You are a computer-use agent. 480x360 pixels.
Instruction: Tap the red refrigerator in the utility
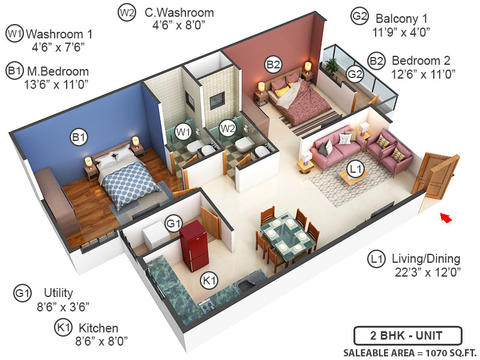coord(193,246)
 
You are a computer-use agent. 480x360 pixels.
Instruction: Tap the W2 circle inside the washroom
coord(227,128)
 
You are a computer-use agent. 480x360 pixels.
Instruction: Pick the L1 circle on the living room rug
coord(356,169)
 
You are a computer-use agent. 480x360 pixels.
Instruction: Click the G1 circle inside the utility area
coord(173,224)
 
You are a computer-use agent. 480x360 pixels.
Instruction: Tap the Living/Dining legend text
coord(425,259)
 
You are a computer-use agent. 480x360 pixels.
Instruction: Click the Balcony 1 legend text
coord(403,17)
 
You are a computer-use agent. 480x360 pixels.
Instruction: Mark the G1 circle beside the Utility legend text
coord(22,293)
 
